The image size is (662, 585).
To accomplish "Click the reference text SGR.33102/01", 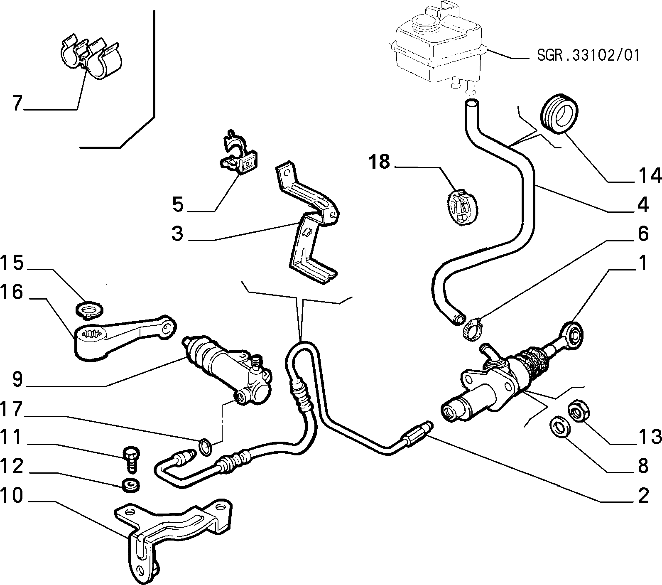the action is (x=587, y=56).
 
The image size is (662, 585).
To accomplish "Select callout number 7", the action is (x=17, y=103).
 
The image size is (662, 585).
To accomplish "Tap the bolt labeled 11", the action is (x=130, y=460).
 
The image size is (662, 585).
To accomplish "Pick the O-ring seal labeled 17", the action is (x=205, y=447).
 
